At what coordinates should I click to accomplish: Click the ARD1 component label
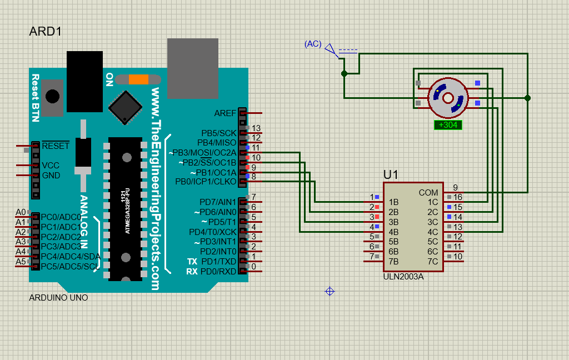45,32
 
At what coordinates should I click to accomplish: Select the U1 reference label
391,174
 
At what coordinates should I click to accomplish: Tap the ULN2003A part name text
403,277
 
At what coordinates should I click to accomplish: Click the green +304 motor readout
448,125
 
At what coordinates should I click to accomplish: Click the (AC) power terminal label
313,44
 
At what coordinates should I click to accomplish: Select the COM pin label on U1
428,192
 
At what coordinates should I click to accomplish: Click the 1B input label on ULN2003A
393,202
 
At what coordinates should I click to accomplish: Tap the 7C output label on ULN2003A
432,261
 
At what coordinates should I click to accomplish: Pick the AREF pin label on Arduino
225,113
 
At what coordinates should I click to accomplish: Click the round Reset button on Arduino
52,96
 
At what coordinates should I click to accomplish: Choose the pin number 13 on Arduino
256,128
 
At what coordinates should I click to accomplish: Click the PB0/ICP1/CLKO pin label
206,182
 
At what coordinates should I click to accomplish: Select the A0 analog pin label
21,212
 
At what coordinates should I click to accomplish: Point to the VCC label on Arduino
51,166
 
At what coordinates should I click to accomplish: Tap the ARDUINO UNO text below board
58,298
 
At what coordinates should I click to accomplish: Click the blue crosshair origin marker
330,291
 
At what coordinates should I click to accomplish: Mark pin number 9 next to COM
455,187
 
